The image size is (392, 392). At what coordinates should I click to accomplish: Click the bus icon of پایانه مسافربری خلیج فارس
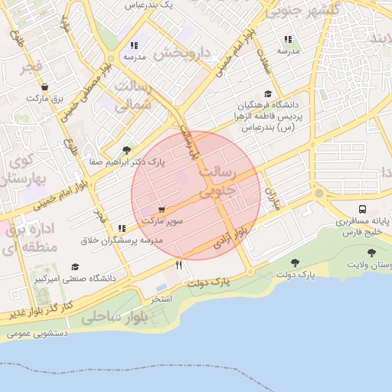pyautogui.click(x=361, y=209)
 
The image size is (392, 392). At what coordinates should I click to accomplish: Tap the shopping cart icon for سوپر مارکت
pyautogui.click(x=161, y=209)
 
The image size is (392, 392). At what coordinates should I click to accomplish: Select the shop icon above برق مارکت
pyautogui.click(x=45, y=87)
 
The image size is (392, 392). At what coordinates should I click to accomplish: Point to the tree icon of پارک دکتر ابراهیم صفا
pyautogui.click(x=126, y=150)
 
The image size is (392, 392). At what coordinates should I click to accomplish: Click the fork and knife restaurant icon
pyautogui.click(x=179, y=265)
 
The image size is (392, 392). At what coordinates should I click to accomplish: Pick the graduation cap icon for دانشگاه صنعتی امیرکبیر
pyautogui.click(x=74, y=266)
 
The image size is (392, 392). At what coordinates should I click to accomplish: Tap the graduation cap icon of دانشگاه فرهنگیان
pyautogui.click(x=269, y=93)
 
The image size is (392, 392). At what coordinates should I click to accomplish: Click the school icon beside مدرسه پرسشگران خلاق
pyautogui.click(x=122, y=228)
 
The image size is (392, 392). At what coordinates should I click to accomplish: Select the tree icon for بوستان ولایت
pyautogui.click(x=371, y=252)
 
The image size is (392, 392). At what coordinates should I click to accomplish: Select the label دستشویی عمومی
pyautogui.click(x=37, y=333)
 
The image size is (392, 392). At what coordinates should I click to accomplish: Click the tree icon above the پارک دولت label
pyautogui.click(x=294, y=263)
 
